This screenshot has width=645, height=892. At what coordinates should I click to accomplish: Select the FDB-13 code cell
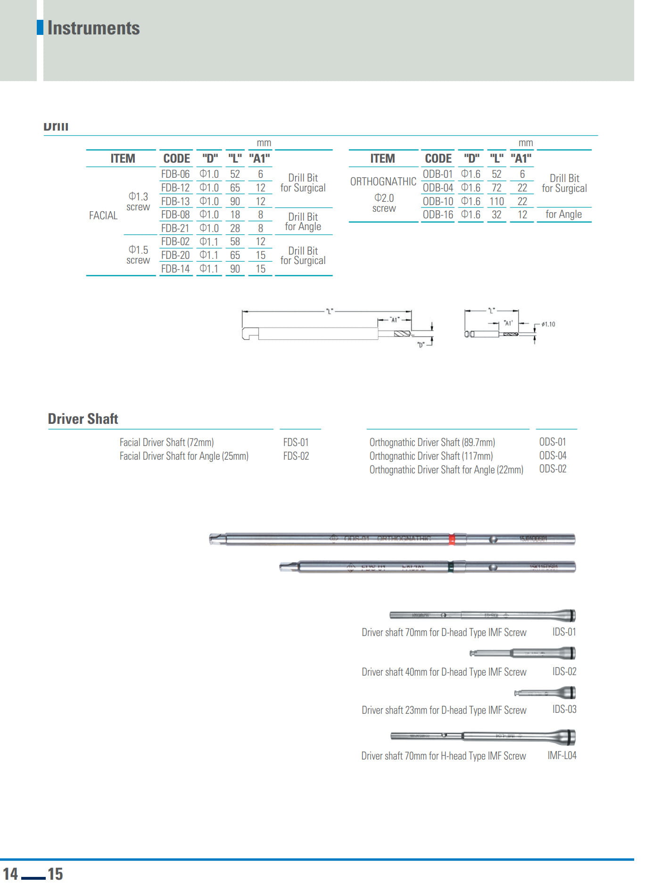coord(175,201)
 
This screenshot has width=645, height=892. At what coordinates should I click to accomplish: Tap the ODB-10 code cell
coord(438,201)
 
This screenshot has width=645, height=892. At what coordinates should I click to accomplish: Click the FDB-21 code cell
coord(175,228)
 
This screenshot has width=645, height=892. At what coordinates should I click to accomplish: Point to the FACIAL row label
coord(103,215)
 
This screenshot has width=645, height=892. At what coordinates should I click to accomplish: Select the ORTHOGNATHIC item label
coord(383,182)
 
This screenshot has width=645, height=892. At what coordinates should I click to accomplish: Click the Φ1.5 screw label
coord(138,255)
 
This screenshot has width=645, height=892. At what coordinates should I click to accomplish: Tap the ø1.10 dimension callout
coord(548,324)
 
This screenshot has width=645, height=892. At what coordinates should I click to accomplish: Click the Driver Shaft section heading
coord(83,419)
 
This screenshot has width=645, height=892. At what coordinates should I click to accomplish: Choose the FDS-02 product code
coord(296,456)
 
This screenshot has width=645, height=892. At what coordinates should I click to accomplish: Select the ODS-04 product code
coord(553,455)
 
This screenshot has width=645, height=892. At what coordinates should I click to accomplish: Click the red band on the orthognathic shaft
coord(452,539)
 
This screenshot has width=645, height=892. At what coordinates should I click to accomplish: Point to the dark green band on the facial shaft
coord(451,567)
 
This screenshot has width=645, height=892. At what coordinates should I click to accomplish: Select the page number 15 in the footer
coord(55,874)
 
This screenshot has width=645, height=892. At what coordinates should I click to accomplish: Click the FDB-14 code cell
coord(175,269)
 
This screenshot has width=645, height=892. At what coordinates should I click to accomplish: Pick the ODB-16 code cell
coord(438,215)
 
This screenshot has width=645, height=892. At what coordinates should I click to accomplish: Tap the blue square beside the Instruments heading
coord(40,27)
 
